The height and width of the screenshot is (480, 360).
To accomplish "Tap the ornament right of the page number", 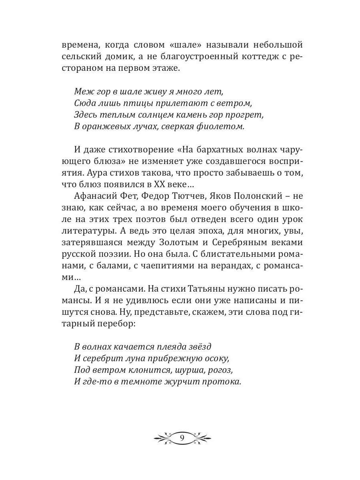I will coord(201,437).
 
